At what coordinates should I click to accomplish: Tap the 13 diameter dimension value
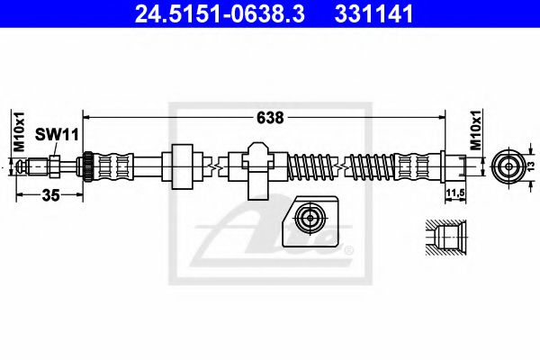531,166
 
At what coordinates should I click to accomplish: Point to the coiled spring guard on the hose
315,166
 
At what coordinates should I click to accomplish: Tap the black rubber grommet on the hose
184,166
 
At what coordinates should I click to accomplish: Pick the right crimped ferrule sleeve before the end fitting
415,166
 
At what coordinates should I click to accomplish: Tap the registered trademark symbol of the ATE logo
349,251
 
